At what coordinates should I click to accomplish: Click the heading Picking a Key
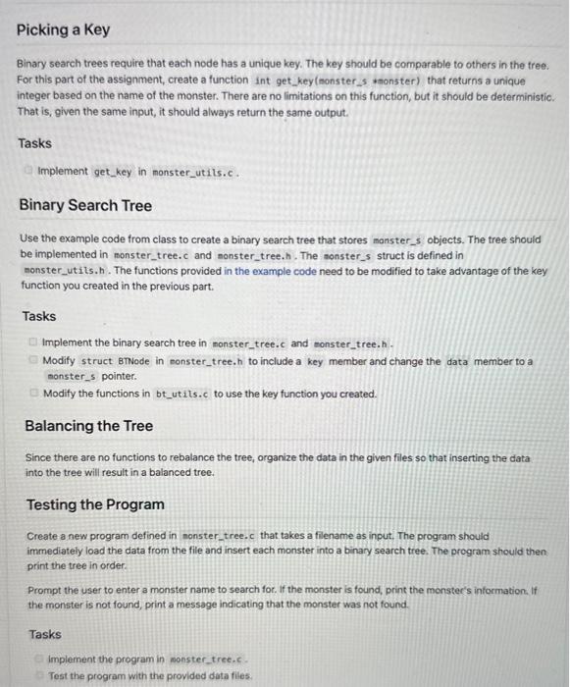[63, 29]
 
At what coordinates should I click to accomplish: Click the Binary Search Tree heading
[85, 205]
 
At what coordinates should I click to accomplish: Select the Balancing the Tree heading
[88, 426]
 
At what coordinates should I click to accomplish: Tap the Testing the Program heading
[95, 504]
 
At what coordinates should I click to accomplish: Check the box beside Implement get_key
[30, 171]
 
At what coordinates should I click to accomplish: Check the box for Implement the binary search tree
[34, 343]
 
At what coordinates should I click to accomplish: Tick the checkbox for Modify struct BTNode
[34, 361]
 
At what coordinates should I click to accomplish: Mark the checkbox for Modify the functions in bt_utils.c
[34, 394]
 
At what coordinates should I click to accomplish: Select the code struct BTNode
[113, 361]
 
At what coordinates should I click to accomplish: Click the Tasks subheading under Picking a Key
[34, 143]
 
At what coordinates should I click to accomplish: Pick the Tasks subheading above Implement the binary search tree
[38, 316]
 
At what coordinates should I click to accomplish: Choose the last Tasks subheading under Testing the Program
[45, 634]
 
